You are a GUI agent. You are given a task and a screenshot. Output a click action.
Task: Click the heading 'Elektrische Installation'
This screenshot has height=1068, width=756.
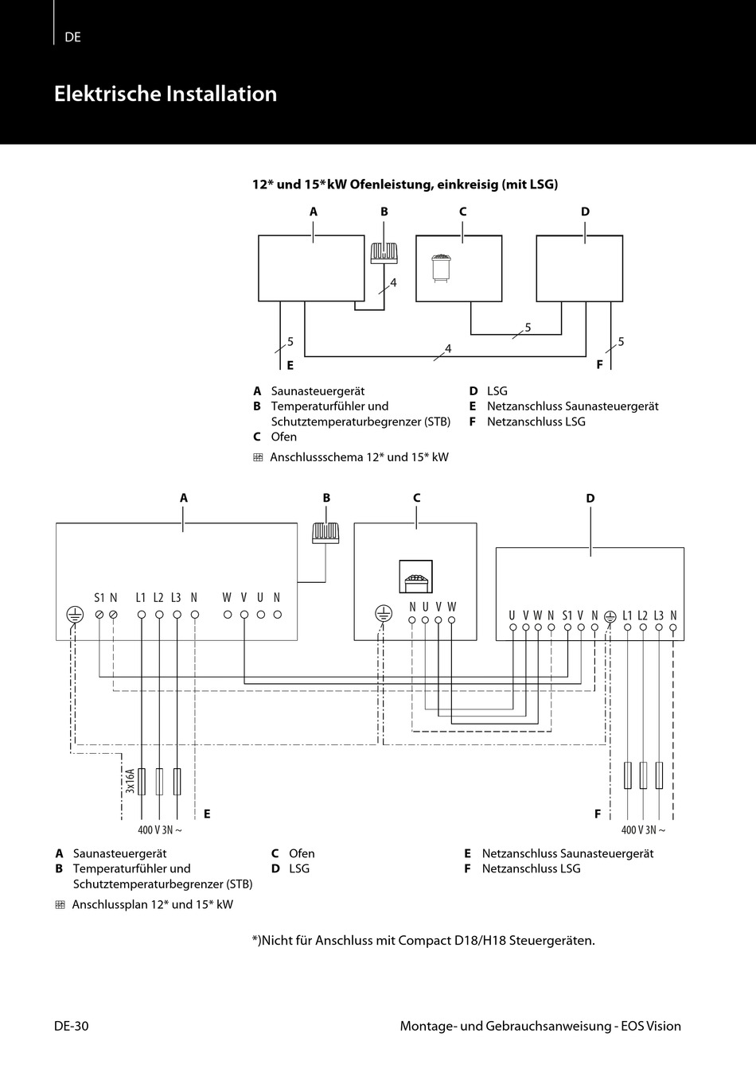coord(166,94)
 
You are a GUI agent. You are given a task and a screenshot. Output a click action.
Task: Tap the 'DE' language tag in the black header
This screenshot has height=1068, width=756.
coord(73,37)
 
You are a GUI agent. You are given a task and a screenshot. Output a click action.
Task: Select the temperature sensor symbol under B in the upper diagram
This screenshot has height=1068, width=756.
coord(384,252)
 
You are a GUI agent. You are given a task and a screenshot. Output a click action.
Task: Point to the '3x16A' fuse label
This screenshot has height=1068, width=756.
coord(130,781)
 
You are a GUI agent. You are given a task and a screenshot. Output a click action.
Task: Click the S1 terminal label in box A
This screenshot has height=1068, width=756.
coord(99,598)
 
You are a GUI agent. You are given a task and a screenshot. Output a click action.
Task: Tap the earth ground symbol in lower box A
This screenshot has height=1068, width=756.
coord(75,614)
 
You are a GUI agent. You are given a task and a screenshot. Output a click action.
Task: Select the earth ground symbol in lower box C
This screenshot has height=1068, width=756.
coord(383,613)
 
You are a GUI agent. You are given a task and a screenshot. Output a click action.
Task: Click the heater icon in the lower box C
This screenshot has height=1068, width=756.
coord(415,577)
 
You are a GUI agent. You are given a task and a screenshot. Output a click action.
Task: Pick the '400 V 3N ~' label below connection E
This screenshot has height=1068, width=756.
coord(160,830)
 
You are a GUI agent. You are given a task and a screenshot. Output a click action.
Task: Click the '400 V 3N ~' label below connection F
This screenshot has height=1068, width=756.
coord(643,830)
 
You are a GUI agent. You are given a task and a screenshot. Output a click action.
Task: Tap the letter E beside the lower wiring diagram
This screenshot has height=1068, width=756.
coord(207,814)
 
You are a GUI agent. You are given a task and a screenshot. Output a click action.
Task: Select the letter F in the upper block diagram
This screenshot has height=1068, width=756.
coord(601,366)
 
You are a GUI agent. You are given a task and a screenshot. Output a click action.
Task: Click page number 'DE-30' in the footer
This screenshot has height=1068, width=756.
coord(72,1026)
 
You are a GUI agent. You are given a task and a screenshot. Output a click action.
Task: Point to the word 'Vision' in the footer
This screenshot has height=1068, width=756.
coord(664,1026)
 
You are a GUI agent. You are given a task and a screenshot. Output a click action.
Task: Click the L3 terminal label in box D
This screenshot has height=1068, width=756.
coord(658,616)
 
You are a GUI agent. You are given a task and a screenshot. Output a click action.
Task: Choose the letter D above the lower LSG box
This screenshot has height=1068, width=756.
coord(590,499)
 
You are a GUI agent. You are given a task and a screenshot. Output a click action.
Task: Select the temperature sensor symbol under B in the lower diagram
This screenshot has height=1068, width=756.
coord(325,533)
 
